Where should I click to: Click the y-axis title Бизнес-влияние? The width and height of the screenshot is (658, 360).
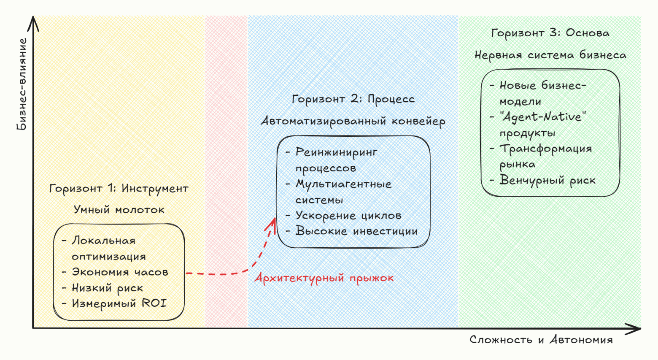click(x=22, y=84)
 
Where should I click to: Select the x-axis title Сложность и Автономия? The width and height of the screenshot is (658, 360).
click(x=541, y=340)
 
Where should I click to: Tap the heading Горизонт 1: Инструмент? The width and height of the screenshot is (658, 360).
click(x=119, y=188)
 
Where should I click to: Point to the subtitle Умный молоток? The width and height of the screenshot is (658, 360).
click(x=119, y=210)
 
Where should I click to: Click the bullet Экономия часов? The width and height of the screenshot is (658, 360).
click(x=120, y=272)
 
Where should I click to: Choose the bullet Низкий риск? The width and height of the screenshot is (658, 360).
click(x=107, y=288)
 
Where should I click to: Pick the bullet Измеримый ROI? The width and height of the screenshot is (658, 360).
click(x=119, y=303)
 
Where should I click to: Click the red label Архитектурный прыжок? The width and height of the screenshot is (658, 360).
click(x=324, y=278)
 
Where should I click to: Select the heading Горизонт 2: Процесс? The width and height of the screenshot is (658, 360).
click(x=353, y=99)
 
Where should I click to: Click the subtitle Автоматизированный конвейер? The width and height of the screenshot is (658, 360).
click(x=353, y=121)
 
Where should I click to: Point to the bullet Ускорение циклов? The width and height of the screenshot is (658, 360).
click(x=348, y=215)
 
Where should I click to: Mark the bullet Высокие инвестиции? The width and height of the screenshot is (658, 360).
click(x=356, y=231)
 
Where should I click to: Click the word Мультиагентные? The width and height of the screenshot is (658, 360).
click(x=343, y=184)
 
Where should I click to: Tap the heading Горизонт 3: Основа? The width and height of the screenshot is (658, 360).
click(x=550, y=33)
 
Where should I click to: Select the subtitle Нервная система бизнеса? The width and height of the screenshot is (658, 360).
click(x=550, y=55)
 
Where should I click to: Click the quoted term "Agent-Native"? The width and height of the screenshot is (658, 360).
click(x=543, y=117)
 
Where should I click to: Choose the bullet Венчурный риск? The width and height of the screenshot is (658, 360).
click(x=547, y=181)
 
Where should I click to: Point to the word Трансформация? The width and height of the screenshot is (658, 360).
click(x=546, y=149)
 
